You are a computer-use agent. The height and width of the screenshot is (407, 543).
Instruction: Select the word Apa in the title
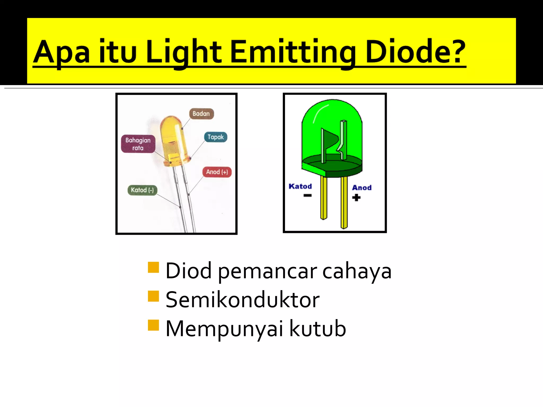point(61,52)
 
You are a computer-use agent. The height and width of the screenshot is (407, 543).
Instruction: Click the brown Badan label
point(201,114)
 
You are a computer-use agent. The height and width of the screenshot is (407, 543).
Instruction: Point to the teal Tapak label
point(216,137)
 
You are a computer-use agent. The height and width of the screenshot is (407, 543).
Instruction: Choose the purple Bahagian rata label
point(138,144)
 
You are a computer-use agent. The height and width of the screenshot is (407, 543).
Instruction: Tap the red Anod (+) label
point(217,172)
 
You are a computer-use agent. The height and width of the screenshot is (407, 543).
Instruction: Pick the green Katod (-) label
point(142,190)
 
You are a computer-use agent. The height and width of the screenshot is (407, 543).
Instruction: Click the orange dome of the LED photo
point(171,130)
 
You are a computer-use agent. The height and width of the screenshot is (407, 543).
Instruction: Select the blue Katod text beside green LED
point(300,186)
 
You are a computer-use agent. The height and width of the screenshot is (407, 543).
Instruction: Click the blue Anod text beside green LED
point(362,188)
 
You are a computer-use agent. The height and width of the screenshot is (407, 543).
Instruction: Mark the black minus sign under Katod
point(308,196)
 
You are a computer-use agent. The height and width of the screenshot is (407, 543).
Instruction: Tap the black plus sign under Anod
point(356,197)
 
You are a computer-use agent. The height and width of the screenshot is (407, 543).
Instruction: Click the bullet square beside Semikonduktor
point(153,296)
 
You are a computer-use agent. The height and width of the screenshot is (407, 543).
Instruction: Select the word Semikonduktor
point(242,300)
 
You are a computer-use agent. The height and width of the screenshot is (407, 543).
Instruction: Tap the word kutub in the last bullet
point(317,329)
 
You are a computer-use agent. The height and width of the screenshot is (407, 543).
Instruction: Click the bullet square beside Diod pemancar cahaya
point(153,267)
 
